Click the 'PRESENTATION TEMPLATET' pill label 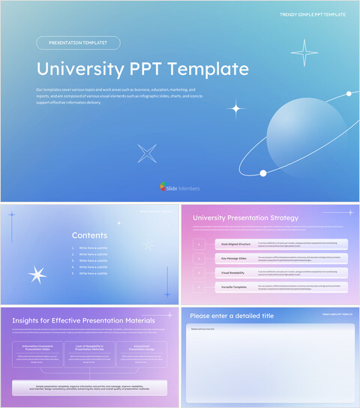(78, 43)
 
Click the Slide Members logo (180, 187)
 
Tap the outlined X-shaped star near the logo (147, 154)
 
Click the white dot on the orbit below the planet (263, 173)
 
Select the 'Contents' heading (89, 235)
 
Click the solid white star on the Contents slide (37, 274)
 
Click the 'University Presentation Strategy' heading (245, 218)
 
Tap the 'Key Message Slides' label (233, 258)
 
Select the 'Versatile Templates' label (233, 286)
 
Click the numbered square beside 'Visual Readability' (198, 272)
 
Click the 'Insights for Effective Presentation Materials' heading (83, 320)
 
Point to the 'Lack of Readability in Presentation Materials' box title (89, 348)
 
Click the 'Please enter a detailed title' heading (232, 316)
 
